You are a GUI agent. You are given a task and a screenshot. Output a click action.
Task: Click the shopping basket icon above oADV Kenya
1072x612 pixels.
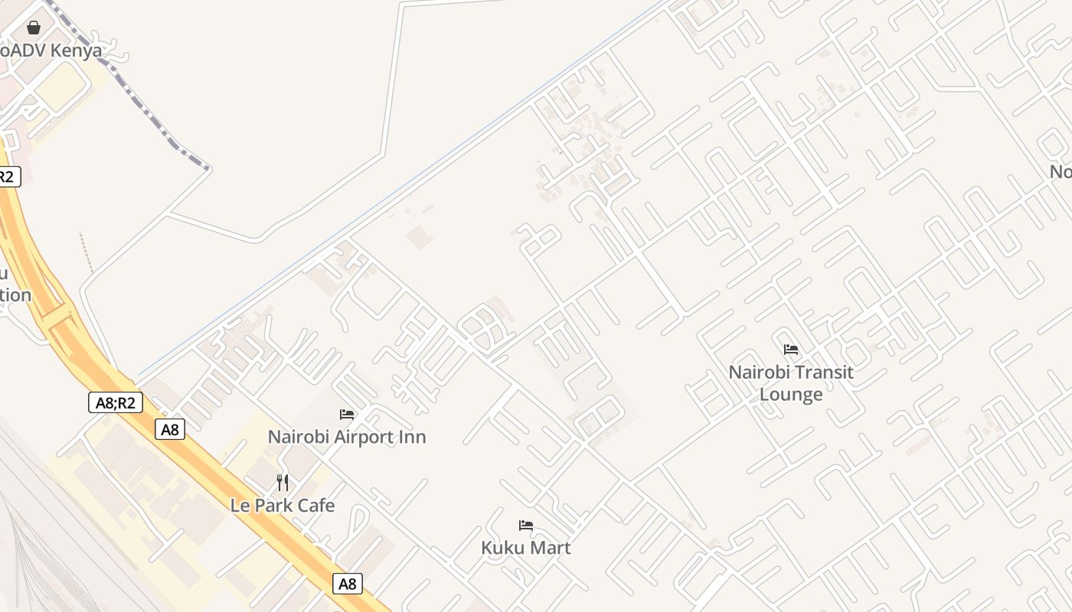pyautogui.click(x=34, y=28)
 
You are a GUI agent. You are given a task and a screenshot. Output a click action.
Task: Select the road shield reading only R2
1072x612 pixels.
pyautogui.click(x=7, y=177)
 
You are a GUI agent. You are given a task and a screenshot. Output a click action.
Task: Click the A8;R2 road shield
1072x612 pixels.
pyautogui.click(x=116, y=402)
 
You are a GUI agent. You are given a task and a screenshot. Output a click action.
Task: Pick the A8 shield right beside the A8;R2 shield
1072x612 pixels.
pyautogui.click(x=170, y=429)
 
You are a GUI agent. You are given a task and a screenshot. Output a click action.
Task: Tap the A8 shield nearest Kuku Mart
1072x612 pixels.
pyautogui.click(x=348, y=584)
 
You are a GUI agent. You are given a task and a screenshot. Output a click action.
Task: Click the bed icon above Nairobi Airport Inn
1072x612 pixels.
pyautogui.click(x=347, y=415)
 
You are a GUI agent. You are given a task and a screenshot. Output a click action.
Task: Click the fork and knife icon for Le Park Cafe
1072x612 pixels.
pyautogui.click(x=283, y=483)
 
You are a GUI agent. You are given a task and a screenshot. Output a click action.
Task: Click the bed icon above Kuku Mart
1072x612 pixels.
pyautogui.click(x=526, y=526)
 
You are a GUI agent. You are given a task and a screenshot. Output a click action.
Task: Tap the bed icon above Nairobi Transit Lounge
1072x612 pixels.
pyautogui.click(x=791, y=350)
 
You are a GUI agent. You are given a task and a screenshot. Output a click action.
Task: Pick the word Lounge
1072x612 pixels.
pyautogui.click(x=791, y=395)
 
